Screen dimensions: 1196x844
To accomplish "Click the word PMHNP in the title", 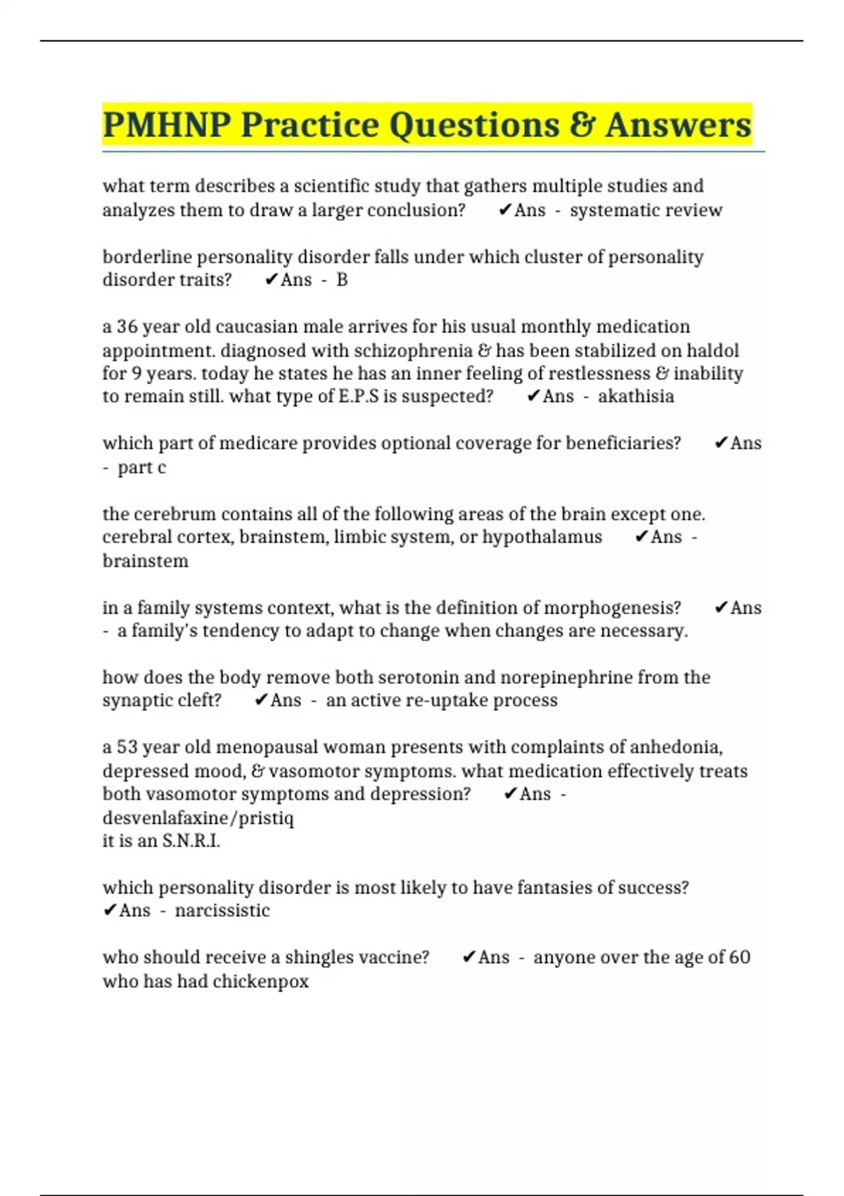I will tap(167, 125).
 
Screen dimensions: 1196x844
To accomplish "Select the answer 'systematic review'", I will tap(646, 210).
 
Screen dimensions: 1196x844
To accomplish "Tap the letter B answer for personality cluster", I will tap(342, 280).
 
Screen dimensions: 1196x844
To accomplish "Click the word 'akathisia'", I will tap(636, 396).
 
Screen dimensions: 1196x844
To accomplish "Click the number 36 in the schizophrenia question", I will tap(127, 327).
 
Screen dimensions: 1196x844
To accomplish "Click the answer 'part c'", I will tap(141, 468).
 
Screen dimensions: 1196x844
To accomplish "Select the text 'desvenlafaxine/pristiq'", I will tap(198, 818).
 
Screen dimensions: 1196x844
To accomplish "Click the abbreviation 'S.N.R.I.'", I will tap(191, 841).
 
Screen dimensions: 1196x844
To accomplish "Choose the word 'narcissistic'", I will tap(222, 910).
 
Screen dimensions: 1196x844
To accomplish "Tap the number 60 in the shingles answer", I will tap(739, 958).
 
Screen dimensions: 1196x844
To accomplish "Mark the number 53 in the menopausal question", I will tap(127, 747).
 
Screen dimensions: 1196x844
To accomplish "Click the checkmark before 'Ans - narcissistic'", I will tap(109, 910).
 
